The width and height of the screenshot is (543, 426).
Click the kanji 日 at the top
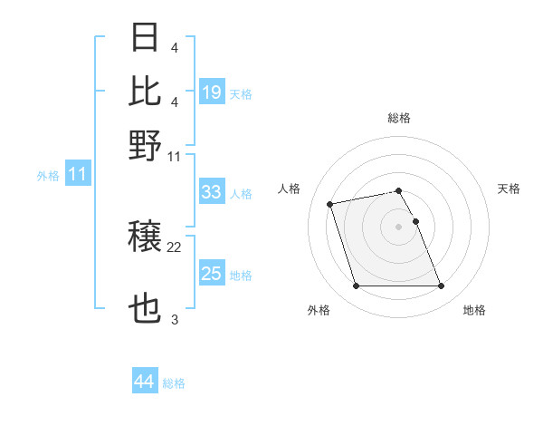coord(146,39)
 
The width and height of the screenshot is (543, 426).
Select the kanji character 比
coord(146,91)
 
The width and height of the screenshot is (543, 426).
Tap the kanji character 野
coord(146,145)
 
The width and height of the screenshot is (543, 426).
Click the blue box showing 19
coord(212,92)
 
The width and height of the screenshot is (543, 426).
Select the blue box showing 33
coord(212,191)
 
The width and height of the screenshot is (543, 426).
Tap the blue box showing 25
coord(212,274)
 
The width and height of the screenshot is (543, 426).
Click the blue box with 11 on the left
coord(77,174)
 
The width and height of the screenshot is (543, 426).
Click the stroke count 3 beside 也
coord(175,320)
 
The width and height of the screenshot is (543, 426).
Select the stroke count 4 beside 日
coord(175,47)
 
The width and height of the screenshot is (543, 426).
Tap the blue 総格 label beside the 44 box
coord(174,383)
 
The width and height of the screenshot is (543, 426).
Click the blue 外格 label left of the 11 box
coord(48,176)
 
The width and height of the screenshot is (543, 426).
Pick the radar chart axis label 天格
coord(509,189)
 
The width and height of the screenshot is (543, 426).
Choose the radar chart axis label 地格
coord(474,311)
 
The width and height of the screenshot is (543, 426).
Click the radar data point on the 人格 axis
coord(330,203)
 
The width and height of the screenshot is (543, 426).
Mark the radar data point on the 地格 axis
coord(441,286)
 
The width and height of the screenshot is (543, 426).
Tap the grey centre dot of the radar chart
coord(398,226)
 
